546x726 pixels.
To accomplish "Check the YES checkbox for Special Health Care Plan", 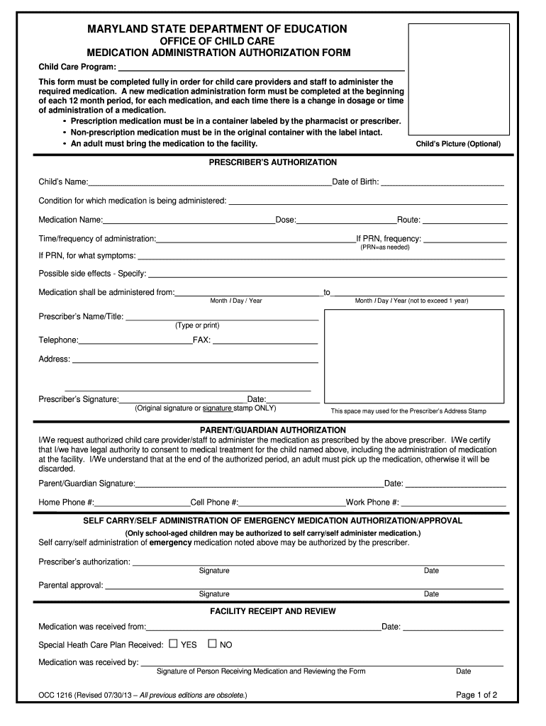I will click(x=173, y=644).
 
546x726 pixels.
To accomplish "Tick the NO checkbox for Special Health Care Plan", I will click(x=211, y=644).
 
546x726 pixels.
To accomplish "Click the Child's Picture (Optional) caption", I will click(x=458, y=144).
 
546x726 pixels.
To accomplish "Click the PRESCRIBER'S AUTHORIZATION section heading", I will click(x=273, y=162).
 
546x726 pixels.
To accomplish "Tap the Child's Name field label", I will click(x=63, y=182).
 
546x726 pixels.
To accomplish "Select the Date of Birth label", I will click(x=355, y=182).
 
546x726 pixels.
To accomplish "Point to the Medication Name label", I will click(x=71, y=220).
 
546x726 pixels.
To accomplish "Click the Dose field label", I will click(x=286, y=220).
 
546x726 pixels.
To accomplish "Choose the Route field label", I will click(x=409, y=220).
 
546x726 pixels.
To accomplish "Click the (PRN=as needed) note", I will click(x=384, y=247).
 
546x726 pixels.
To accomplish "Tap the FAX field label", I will click(x=201, y=340).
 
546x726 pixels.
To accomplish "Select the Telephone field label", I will click(x=58, y=340).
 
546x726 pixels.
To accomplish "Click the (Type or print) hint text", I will click(x=197, y=325).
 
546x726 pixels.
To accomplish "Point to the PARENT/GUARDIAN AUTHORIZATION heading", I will click(x=273, y=430).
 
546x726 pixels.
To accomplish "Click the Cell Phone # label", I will click(x=215, y=503).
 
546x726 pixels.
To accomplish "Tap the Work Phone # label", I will click(x=372, y=503).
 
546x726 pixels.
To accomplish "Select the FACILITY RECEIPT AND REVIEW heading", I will click(x=273, y=611).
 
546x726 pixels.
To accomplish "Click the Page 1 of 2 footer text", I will click(x=477, y=695).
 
